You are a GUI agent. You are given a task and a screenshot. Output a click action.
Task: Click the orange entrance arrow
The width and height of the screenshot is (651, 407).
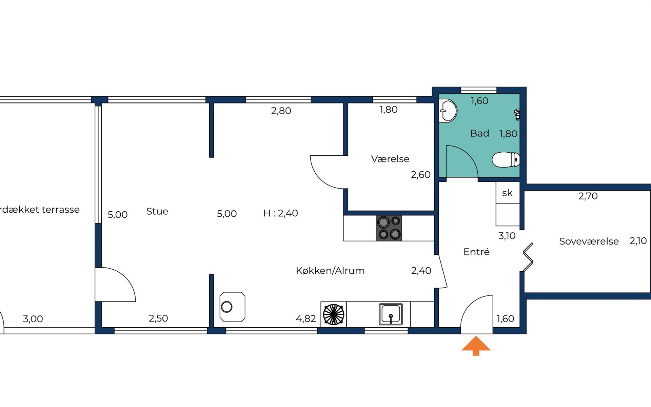pyautogui.click(x=476, y=345)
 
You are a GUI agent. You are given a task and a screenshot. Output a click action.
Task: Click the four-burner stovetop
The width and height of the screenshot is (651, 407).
pyautogui.click(x=389, y=228)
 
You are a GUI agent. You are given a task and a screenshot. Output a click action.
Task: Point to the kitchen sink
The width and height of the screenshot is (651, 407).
pyautogui.click(x=391, y=314)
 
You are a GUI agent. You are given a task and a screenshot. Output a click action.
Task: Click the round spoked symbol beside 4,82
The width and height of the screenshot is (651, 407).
pyautogui.click(x=334, y=314)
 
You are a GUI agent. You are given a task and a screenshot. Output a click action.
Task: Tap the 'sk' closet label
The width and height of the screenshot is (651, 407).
pyautogui.click(x=507, y=193)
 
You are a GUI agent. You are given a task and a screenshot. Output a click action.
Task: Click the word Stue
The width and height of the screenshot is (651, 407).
pyautogui.click(x=157, y=211)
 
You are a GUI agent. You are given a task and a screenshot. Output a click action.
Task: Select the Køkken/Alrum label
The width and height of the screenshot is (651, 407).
pyautogui.click(x=330, y=271)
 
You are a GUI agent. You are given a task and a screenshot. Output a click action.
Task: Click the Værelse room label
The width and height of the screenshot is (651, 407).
pyautogui.click(x=390, y=159)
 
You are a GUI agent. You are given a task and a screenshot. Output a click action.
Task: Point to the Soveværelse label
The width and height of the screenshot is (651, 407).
pyautogui.click(x=589, y=241)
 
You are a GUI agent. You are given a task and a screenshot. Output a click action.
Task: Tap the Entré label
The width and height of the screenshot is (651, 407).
pyautogui.click(x=476, y=252)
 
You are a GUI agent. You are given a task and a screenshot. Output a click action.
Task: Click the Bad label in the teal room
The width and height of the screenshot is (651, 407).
pyautogui.click(x=480, y=133)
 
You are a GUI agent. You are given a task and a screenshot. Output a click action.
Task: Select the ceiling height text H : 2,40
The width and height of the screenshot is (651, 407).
pyautogui.click(x=280, y=213)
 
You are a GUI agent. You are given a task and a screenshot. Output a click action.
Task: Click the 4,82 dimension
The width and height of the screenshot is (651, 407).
pyautogui.click(x=306, y=319)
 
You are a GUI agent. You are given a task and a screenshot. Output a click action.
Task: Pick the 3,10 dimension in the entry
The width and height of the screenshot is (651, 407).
pyautogui.click(x=507, y=236)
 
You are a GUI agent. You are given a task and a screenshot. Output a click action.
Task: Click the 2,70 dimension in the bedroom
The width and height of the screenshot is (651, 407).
pyautogui.click(x=588, y=196)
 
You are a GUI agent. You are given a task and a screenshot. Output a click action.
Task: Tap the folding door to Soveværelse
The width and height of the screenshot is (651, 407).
pyautogui.click(x=528, y=257)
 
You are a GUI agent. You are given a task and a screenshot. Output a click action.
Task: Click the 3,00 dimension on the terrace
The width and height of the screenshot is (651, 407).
pyautogui.click(x=33, y=319)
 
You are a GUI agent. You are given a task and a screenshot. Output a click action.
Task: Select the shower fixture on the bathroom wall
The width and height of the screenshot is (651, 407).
pyautogui.click(x=517, y=114)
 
